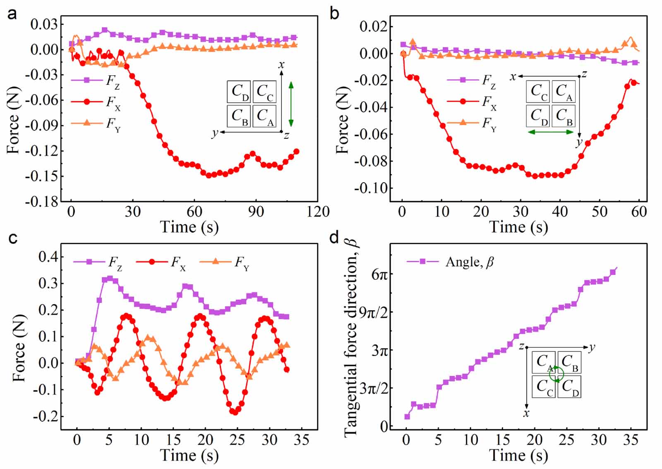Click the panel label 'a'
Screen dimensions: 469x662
pyautogui.click(x=12, y=14)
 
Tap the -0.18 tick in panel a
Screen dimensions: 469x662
pyautogui.click(x=41, y=202)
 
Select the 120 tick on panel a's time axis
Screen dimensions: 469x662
pyautogui.click(x=318, y=212)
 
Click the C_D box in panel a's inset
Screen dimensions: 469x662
pyautogui.click(x=239, y=92)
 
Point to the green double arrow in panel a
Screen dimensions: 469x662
pyautogui.click(x=291, y=103)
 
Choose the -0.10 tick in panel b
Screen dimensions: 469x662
pyautogui.click(x=371, y=188)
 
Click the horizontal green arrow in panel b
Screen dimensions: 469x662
pyautogui.click(x=551, y=132)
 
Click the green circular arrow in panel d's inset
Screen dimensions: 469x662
pyautogui.click(x=556, y=374)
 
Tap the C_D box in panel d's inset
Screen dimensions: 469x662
pyautogui.click(x=569, y=387)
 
